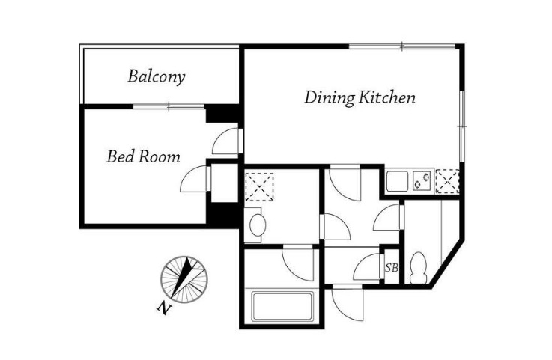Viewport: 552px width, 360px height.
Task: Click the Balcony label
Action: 157,77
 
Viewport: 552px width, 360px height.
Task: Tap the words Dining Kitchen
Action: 360,97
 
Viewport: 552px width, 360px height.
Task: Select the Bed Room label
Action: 143,156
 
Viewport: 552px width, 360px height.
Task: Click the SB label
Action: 392,268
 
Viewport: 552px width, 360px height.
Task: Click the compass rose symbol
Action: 184,279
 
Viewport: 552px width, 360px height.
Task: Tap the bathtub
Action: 282,307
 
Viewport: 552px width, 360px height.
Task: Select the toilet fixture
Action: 419,268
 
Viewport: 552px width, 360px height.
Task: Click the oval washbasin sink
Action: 258,225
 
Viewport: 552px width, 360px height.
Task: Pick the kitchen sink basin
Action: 398,180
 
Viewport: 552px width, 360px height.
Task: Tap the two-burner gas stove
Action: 422,180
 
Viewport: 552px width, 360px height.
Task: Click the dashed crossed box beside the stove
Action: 447,181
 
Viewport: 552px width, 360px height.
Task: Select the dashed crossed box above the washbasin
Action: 259,187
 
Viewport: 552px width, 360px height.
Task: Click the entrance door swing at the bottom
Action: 348,303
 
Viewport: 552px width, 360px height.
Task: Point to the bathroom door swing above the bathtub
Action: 298,264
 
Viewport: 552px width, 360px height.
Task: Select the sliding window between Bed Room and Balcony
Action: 169,106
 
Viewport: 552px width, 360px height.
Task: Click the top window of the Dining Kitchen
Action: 402,46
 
